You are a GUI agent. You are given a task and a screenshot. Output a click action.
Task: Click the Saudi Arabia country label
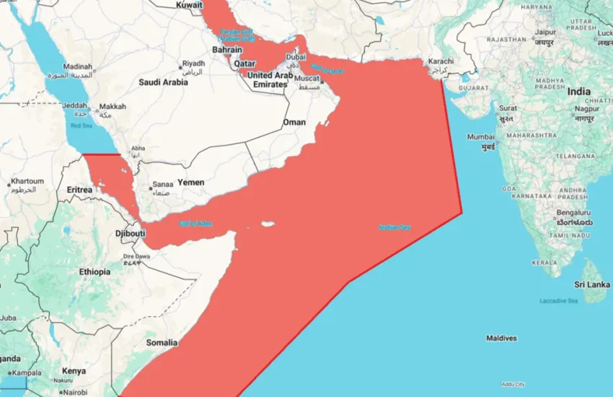[x=163, y=82]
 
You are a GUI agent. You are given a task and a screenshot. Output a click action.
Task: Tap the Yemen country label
[x=190, y=183]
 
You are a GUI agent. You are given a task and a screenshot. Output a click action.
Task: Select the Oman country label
[x=294, y=123]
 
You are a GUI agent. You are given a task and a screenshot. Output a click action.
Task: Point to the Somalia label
[x=162, y=342]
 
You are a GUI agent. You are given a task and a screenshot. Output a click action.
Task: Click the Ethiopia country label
[x=94, y=272]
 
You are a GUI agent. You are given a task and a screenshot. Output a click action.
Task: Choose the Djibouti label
[x=130, y=233]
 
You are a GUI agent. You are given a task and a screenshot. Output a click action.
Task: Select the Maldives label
[x=501, y=338]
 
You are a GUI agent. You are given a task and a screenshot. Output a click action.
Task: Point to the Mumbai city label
[x=480, y=136]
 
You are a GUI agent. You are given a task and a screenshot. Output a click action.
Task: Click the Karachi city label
[x=441, y=61]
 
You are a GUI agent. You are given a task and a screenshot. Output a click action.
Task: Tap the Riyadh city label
[x=193, y=64]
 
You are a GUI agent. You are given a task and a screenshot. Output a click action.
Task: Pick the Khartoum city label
[x=27, y=181]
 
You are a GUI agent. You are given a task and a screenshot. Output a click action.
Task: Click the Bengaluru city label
[x=574, y=214]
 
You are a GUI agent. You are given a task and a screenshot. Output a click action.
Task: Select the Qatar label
[x=244, y=63]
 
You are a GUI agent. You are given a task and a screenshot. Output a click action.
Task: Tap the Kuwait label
[x=189, y=5]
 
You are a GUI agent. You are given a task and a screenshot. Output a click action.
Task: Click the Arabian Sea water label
[x=394, y=228]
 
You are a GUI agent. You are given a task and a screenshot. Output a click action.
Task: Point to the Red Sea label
[x=81, y=126]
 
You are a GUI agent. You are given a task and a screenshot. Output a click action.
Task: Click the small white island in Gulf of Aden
[x=268, y=224]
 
